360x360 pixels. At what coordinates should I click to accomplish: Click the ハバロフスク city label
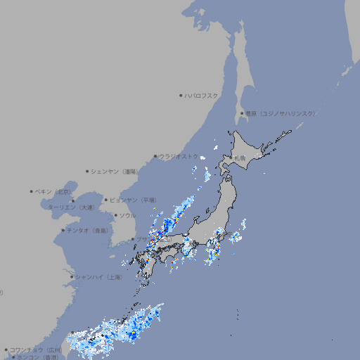pos(202,95)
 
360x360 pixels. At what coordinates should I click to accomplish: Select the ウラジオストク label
pos(179,156)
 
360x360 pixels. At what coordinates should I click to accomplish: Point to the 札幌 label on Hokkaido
pos(240,158)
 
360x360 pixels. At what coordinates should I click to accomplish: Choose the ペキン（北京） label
pos(54,191)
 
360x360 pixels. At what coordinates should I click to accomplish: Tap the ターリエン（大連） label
pos(70,207)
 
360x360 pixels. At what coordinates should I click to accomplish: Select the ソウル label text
pos(127,215)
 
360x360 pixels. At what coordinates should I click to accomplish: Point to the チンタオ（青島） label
pos(88,230)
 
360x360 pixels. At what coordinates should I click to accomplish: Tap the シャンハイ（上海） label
pos(98,277)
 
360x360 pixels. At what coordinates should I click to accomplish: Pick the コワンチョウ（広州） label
pos(35,349)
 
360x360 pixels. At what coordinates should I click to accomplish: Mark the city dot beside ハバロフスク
pos(181,95)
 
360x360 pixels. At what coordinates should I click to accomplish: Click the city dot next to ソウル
pos(115,215)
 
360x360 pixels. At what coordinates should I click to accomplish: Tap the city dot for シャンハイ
pos(72,277)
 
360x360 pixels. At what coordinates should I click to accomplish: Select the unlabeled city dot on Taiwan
pos(72,333)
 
